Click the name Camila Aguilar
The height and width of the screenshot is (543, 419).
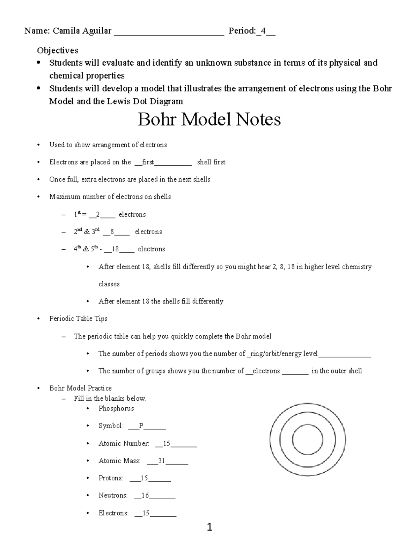click(82, 31)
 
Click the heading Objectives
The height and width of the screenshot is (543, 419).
click(58, 50)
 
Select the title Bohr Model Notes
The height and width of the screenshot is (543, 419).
click(209, 120)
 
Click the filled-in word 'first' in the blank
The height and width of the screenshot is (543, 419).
click(148, 162)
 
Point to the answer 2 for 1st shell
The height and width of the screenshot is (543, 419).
click(98, 215)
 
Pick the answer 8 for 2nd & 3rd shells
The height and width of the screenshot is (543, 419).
click(112, 232)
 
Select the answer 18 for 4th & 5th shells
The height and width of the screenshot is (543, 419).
click(115, 249)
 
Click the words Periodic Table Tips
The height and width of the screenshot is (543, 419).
click(78, 319)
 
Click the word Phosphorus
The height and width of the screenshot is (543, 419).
click(116, 408)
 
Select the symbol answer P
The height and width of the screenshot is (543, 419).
click(141, 426)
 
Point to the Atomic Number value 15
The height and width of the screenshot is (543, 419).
click(166, 443)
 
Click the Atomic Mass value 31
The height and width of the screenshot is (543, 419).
click(161, 461)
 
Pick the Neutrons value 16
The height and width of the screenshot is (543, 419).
click(145, 495)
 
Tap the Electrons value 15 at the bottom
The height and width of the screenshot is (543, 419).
click(146, 513)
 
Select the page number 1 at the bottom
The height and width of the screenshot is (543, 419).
click(209, 527)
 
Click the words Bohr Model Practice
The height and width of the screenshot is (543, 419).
click(80, 388)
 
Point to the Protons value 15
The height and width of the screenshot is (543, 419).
click(144, 478)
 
